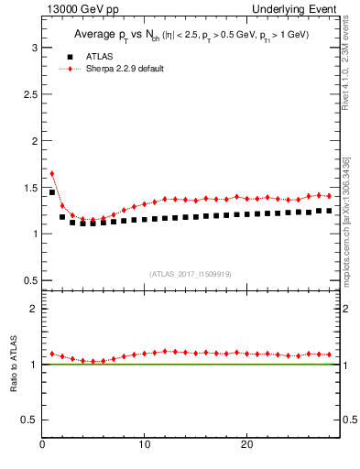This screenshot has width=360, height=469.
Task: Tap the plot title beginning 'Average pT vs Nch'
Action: pos(191,35)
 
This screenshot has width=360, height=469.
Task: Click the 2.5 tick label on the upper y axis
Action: pos(28,93)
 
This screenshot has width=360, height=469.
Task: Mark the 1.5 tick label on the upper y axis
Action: pos(28,187)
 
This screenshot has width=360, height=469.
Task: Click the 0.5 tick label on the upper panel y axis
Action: pos(28,279)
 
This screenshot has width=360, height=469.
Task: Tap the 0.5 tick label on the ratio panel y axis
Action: pos(28,420)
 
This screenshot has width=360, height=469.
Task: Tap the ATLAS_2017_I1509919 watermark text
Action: pos(191,273)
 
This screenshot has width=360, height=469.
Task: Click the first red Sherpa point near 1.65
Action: pos(52,172)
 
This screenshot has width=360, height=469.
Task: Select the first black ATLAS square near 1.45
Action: pos(52,192)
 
